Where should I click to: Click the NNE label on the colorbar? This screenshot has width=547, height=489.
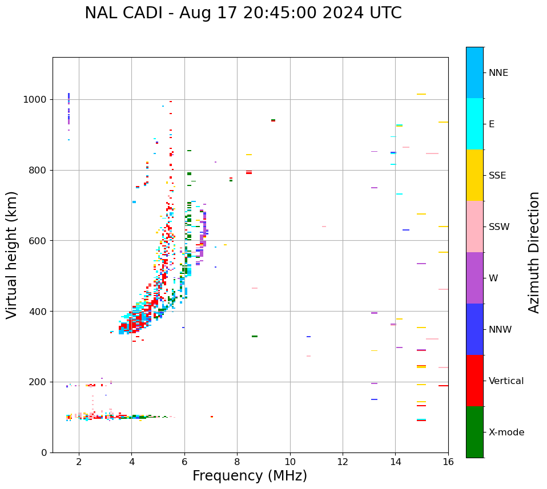498,73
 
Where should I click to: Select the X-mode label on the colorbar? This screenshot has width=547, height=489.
506,433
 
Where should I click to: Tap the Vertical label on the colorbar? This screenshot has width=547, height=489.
506,381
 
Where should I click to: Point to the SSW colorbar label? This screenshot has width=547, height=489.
499,227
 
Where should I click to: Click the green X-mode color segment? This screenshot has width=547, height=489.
474,432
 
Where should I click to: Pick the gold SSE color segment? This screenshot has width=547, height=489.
474,175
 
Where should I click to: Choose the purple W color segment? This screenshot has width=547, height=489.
474,278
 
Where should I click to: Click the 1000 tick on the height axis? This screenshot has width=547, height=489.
36,99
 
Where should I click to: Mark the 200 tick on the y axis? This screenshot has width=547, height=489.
38,382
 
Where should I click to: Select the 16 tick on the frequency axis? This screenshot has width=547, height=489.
448,462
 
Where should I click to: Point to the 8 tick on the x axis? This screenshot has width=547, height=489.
237,462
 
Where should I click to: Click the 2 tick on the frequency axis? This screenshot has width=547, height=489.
79,462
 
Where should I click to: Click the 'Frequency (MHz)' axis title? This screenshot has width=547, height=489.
250,476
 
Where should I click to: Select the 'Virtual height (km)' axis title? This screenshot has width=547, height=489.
12,254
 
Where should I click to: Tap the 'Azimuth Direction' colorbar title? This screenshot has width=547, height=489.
534,252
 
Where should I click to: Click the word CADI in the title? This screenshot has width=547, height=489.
140,13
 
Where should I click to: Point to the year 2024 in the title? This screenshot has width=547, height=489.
350,13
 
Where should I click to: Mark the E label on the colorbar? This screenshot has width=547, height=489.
492,124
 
